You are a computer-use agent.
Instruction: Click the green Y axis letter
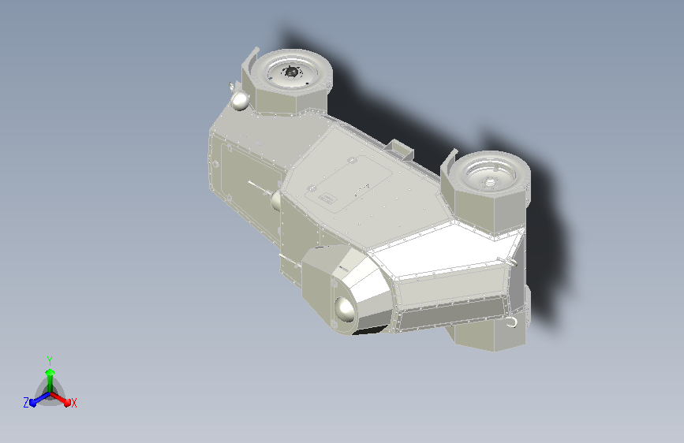[50, 359]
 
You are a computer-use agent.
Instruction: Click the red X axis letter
[73, 403]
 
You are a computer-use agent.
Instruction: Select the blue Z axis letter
[26, 402]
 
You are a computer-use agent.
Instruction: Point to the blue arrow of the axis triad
[36, 398]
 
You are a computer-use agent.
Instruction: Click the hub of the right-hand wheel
[489, 181]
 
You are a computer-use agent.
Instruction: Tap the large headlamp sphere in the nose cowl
[345, 314]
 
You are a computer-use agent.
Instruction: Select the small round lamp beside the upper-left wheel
[240, 100]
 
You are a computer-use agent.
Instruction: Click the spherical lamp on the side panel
[276, 200]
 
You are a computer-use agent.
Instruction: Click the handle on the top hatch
[362, 187]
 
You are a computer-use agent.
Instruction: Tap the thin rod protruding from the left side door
[257, 186]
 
